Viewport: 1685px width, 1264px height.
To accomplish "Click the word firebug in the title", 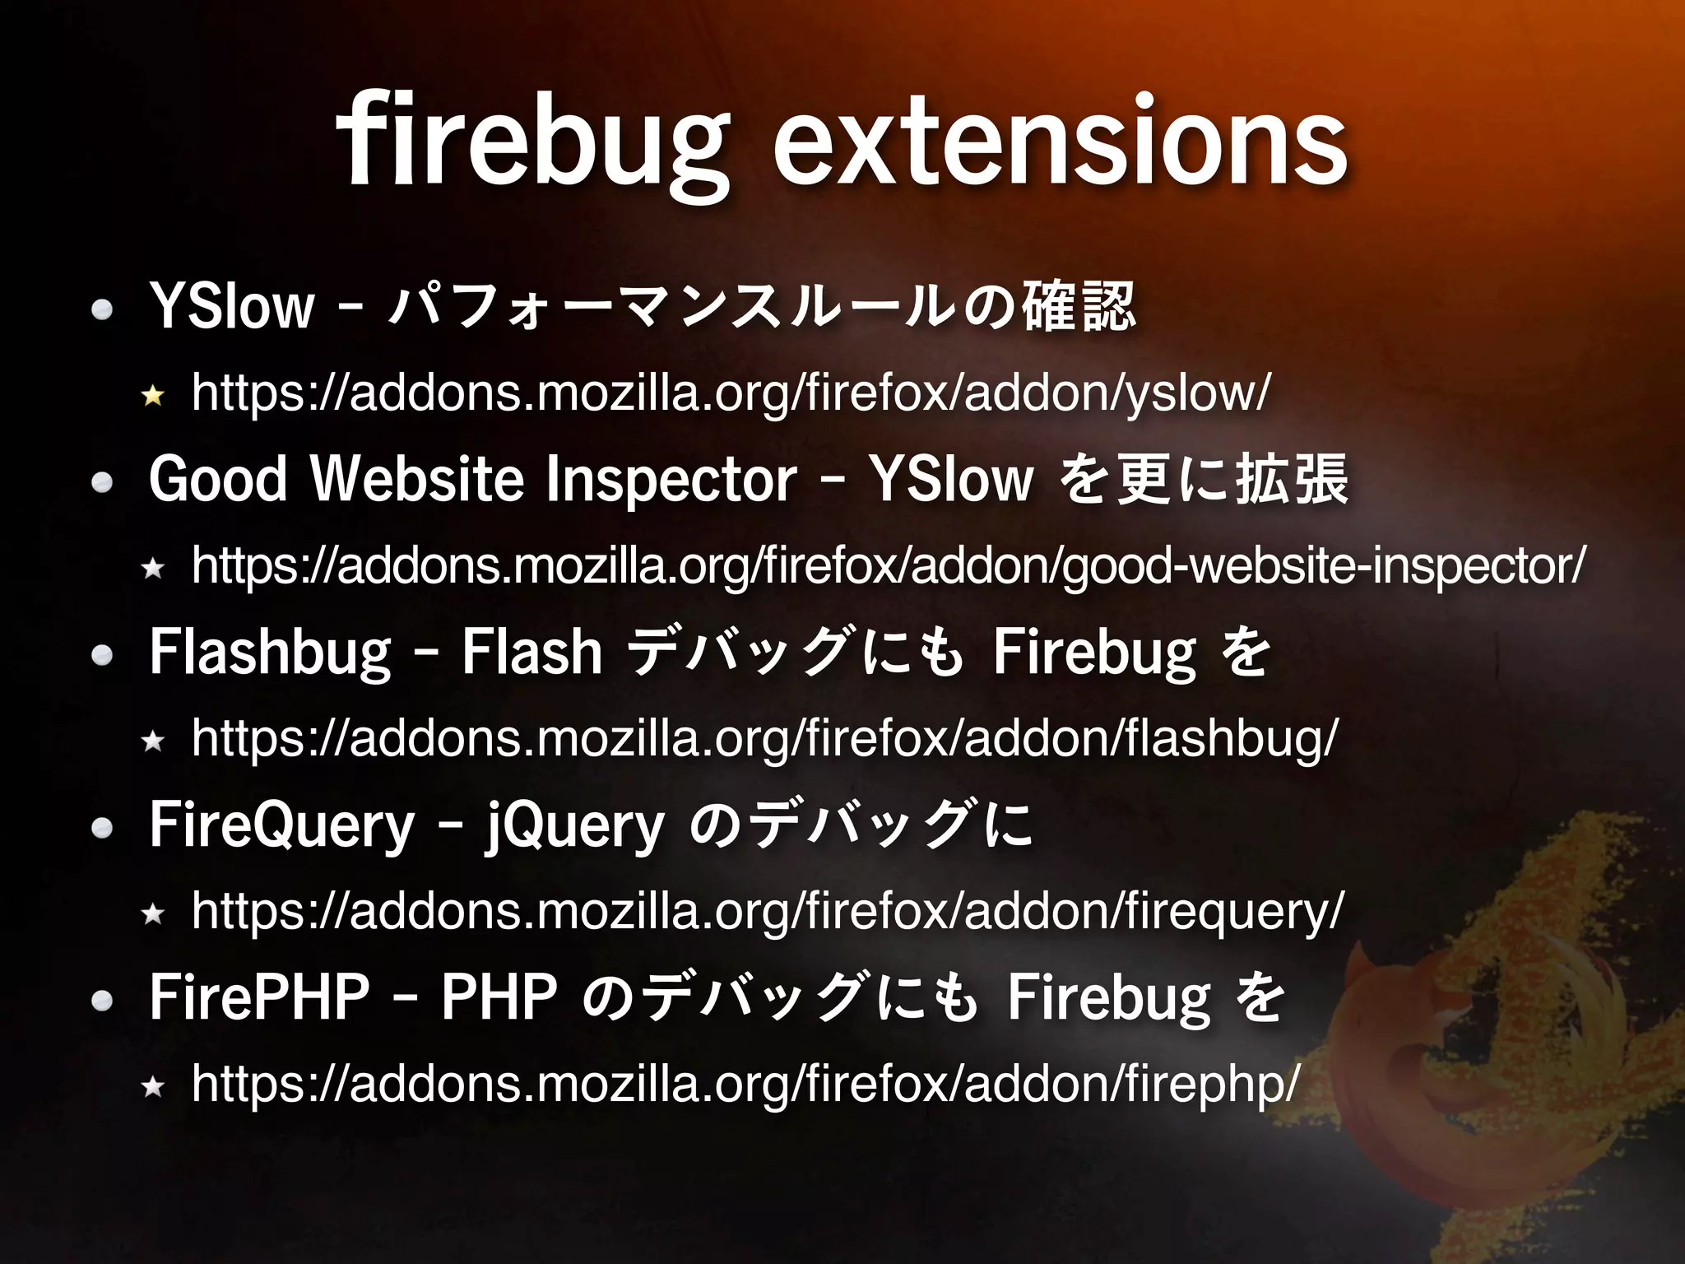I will [x=531, y=144].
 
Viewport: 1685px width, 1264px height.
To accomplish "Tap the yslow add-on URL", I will [x=731, y=393].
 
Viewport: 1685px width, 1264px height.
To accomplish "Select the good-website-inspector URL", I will [x=887, y=566].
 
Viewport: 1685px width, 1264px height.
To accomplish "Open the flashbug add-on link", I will [x=764, y=738].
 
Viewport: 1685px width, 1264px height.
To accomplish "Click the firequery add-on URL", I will [x=767, y=911].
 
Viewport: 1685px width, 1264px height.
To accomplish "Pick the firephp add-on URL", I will [x=745, y=1084].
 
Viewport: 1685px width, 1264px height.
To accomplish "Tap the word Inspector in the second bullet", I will [x=671, y=479].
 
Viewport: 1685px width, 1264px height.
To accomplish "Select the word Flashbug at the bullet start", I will [x=271, y=653].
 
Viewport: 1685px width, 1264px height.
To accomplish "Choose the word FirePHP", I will [x=259, y=997].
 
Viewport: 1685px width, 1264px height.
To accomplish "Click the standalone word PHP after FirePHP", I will [x=499, y=997].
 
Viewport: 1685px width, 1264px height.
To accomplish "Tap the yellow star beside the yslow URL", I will [x=152, y=397].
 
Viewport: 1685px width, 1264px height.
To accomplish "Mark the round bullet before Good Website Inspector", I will [x=102, y=482].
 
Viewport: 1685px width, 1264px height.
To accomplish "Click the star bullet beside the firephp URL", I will [x=152, y=1087].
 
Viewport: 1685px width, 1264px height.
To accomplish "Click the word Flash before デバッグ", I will [x=531, y=653].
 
